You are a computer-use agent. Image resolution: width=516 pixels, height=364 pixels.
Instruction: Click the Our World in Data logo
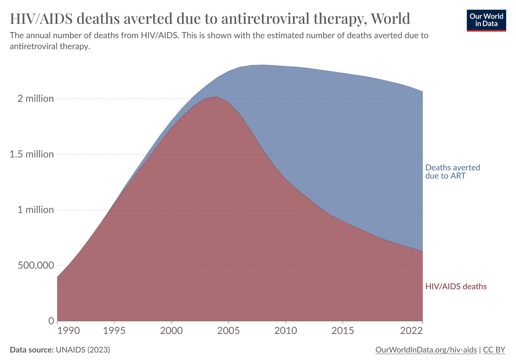486,20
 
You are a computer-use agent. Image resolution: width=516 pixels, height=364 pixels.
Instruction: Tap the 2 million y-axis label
36,98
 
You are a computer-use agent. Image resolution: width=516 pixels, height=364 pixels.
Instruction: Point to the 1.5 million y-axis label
32,154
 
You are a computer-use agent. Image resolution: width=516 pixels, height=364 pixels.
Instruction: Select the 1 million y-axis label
36,210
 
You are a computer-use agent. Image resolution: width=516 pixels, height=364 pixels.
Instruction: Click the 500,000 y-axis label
36,265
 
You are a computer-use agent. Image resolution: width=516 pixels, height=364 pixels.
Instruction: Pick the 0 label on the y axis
51,321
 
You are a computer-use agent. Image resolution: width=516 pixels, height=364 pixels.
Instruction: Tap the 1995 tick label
114,331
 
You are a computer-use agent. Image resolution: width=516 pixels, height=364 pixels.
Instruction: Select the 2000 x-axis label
171,331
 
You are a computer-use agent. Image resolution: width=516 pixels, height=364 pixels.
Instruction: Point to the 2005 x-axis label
229,331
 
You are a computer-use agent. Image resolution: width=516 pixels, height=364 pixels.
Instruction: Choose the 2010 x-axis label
285,331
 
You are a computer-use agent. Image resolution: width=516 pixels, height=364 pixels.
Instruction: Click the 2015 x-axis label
343,331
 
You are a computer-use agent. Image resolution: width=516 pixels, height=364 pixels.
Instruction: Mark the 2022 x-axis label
411,331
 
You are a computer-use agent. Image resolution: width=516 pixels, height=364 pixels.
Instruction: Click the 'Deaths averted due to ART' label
453,171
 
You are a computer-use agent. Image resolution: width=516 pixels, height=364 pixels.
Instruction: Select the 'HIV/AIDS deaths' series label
456,286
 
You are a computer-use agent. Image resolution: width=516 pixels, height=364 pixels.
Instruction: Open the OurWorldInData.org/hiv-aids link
426,350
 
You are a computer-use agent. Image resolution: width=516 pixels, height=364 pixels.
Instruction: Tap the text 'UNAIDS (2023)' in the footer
83,350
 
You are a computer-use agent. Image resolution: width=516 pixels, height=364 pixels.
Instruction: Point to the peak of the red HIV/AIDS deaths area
217,97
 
